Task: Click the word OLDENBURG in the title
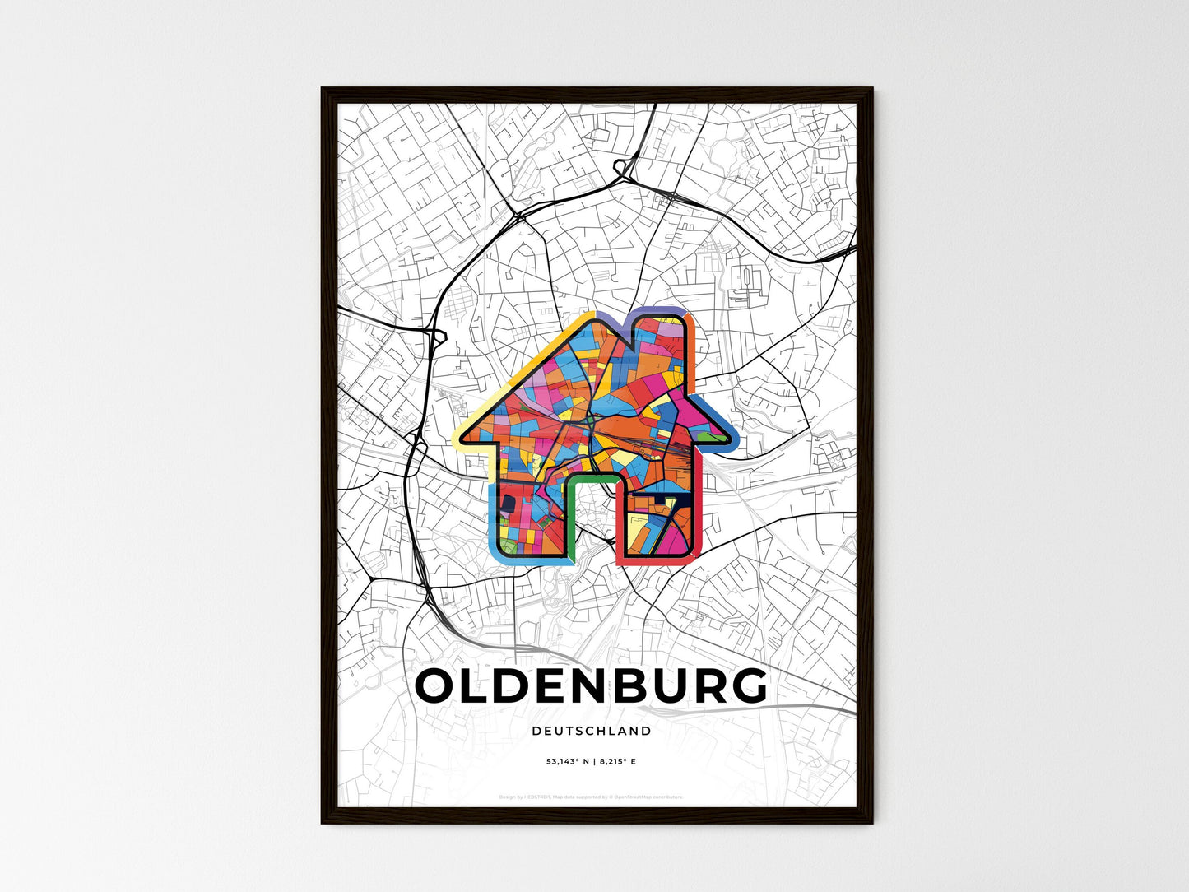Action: tap(592, 685)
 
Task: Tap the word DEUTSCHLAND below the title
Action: tap(592, 731)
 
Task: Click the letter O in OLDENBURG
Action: tap(438, 685)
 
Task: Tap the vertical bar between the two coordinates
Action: tap(592, 762)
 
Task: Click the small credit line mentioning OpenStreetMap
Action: tap(592, 797)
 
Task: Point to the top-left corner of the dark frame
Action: tap(323, 89)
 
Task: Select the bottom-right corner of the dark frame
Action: tap(871, 822)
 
